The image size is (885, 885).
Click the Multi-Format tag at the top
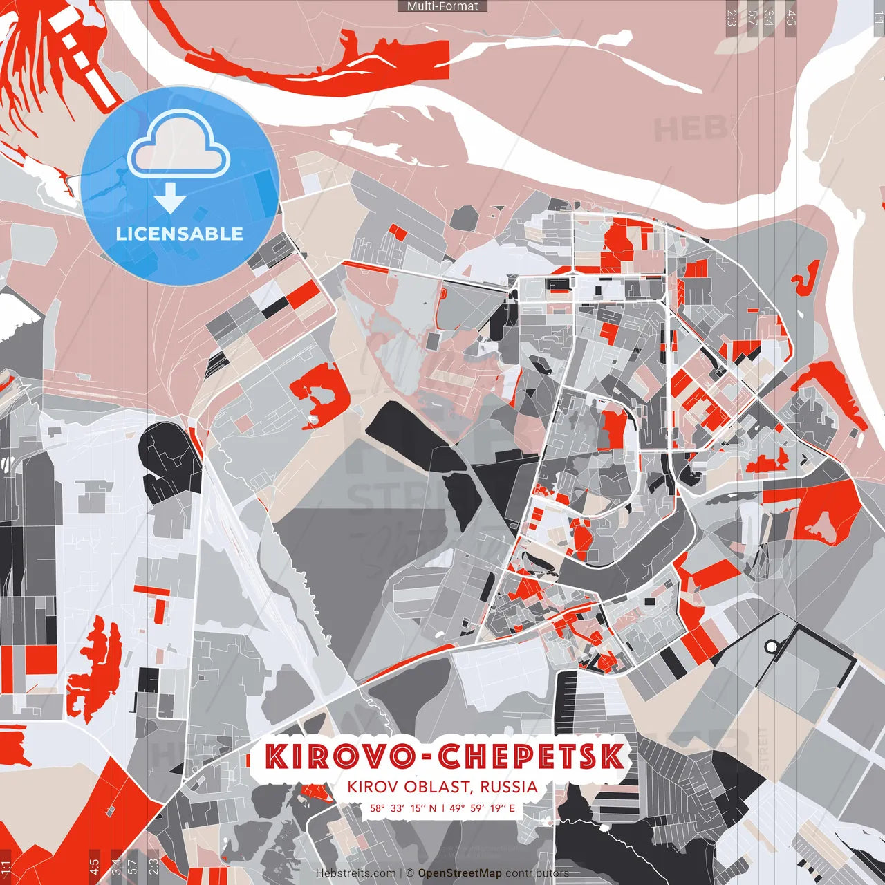click(442, 6)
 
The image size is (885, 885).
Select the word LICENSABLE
click(180, 234)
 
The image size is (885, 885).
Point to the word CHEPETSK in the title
click(531, 756)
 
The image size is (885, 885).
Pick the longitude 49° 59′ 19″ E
click(482, 808)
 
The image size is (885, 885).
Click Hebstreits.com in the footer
click(355, 873)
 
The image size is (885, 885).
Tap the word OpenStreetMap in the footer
click(460, 873)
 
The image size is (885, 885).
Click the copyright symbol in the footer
click(409, 873)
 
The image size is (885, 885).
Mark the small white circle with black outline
click(771, 646)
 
